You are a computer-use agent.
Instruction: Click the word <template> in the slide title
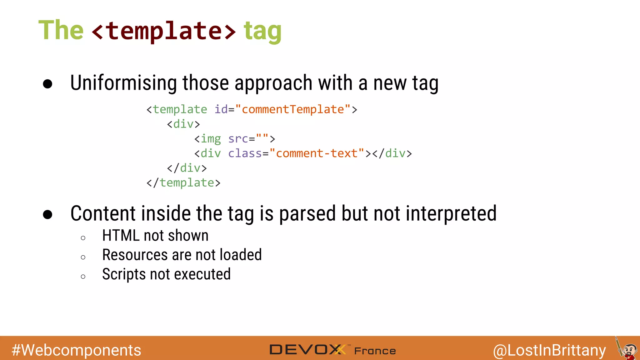pos(164,31)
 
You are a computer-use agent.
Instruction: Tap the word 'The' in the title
pos(61,30)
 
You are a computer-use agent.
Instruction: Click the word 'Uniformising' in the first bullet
pos(124,83)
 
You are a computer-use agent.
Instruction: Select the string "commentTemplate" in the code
pos(293,109)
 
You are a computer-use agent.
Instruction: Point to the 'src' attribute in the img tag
pos(238,138)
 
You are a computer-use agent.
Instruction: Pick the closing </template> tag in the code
pos(183,182)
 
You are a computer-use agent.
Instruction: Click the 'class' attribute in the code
pos(245,153)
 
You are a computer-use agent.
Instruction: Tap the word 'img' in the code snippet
pos(211,138)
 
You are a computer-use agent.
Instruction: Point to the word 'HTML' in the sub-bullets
pos(121,235)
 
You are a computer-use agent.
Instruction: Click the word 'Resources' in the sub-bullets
pos(135,255)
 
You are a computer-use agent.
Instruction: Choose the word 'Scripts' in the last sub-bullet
pos(124,274)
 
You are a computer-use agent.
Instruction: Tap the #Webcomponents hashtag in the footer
pos(76,350)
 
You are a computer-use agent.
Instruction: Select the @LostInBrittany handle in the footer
pos(549,350)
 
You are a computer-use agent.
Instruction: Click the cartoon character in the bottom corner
pos(627,349)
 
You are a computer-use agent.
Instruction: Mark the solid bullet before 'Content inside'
pos(47,214)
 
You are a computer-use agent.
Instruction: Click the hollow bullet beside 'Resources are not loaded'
pos(83,257)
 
